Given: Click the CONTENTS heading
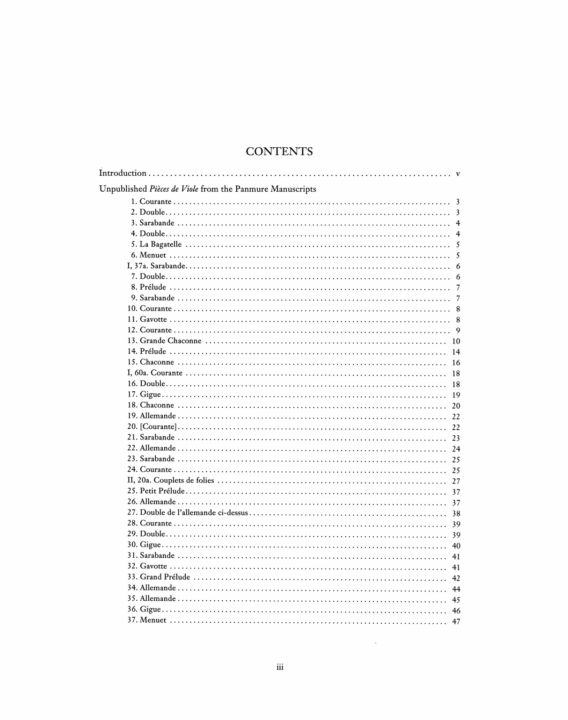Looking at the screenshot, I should pos(279,151).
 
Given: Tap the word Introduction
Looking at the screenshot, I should pos(123,173).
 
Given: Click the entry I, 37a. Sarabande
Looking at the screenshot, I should pos(156,266).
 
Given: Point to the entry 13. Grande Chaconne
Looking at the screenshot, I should pos(164,341).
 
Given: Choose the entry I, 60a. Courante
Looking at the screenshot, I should pos(155,373).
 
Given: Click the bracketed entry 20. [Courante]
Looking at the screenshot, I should pos(152,427).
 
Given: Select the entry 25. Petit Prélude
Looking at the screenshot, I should pos(156,491).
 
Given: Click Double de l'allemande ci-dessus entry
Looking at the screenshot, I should pos(188,512).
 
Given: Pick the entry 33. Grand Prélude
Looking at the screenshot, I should pos(159,577).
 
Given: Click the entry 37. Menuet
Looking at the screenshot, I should pos(146,620).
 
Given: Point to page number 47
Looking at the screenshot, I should pos(456,622).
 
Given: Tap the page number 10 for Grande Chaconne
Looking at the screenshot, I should pos(456,342).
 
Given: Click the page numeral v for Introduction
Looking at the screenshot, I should pos(458,174).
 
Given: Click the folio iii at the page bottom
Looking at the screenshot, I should pos(280,667).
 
